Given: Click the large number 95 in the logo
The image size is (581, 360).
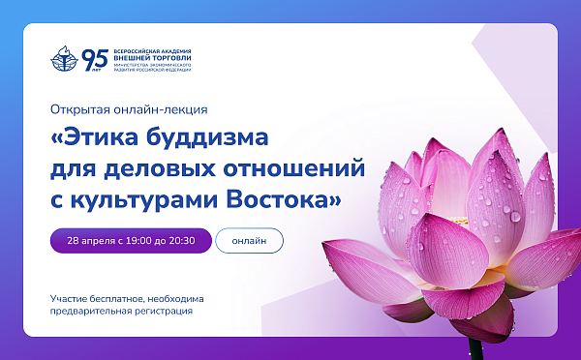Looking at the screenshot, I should (95, 58).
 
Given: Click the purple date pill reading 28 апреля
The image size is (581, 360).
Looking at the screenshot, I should (131, 240).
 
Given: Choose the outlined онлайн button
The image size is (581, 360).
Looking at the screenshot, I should (249, 240).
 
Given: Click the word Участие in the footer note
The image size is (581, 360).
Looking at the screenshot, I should (71, 298).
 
